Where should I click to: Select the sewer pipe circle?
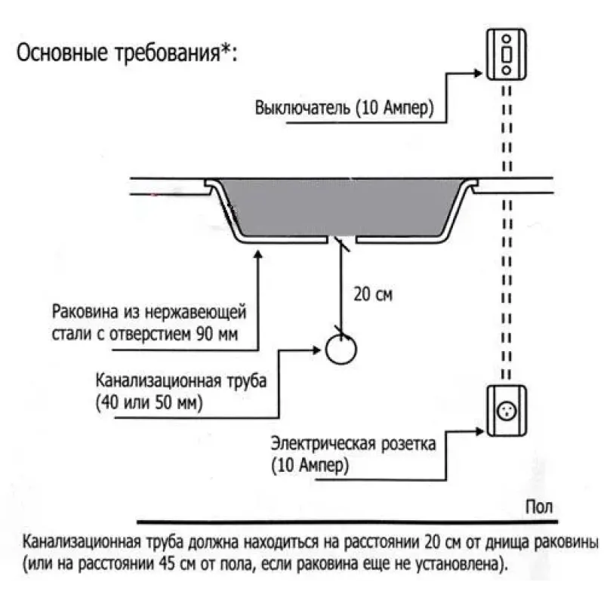341,349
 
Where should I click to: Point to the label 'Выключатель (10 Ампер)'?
344,107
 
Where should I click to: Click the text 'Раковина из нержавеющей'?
149,311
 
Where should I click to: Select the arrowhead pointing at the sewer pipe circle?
318,350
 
